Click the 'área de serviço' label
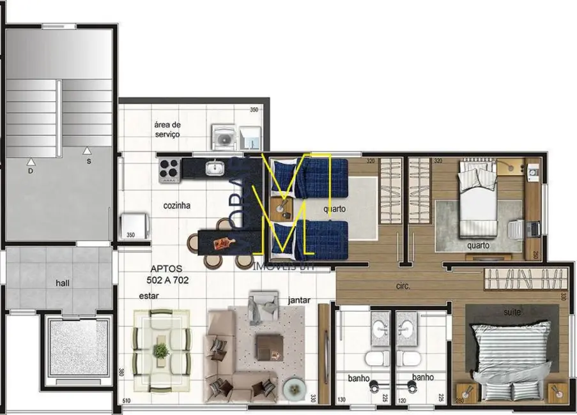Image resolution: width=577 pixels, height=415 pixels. tap(167, 129)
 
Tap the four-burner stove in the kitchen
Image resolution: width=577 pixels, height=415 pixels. tap(169, 170)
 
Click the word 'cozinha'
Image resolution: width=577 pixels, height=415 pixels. tap(176, 206)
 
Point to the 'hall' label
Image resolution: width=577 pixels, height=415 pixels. tap(63, 283)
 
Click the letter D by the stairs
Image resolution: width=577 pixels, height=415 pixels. tap(30, 171)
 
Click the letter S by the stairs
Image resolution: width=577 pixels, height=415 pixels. tap(89, 162)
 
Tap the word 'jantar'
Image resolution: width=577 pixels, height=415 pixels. tap(299, 299)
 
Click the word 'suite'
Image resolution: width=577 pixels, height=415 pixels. tap(512, 312)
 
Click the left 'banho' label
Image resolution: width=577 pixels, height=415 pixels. tap(358, 378)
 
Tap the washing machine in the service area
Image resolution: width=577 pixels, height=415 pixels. tap(224, 136)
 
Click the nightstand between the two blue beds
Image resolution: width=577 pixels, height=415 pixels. tap(280, 207)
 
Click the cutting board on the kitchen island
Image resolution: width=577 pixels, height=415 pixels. tap(223, 243)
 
